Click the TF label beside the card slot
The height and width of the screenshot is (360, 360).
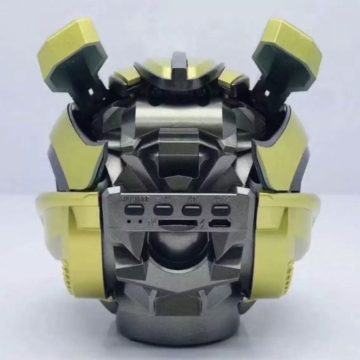pos(152,223)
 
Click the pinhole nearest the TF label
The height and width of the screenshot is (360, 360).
pos(140,222)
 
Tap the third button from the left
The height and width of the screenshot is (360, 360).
pos(192,210)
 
